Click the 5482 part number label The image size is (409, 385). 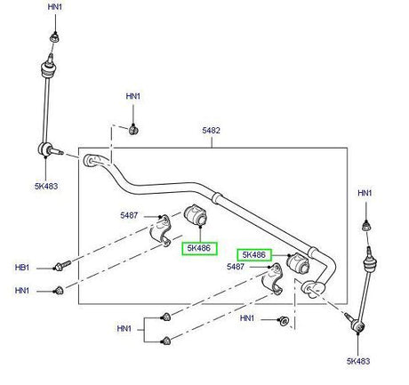(x=211, y=131)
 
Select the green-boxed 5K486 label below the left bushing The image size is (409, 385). (x=199, y=248)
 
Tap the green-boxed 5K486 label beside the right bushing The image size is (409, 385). (x=254, y=255)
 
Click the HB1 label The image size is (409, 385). (x=22, y=268)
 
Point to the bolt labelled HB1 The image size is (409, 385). (x=62, y=265)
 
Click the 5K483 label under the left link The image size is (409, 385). (x=46, y=187)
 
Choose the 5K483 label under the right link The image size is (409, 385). (x=358, y=361)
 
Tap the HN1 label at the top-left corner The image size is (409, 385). (x=55, y=7)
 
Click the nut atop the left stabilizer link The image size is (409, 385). (x=54, y=38)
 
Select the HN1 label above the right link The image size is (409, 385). (x=365, y=193)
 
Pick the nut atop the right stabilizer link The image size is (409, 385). (x=367, y=227)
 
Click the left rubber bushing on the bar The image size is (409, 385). (x=196, y=215)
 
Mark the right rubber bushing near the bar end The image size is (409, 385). (x=298, y=262)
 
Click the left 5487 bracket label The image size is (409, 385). (x=129, y=215)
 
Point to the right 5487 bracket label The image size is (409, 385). (x=236, y=267)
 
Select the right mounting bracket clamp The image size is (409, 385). (x=273, y=279)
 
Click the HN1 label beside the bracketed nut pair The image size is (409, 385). (x=124, y=329)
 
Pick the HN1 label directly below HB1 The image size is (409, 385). (x=22, y=291)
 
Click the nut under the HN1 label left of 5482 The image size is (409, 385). (x=134, y=130)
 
